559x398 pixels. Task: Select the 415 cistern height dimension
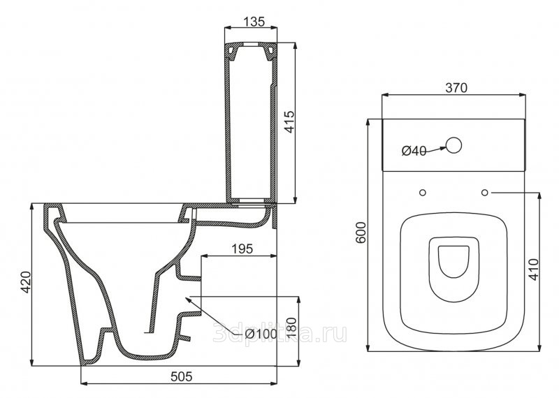(289, 121)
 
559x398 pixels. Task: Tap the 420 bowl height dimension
(26, 282)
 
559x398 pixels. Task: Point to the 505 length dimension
(182, 376)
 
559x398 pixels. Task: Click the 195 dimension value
(242, 249)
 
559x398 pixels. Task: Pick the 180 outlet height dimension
(291, 327)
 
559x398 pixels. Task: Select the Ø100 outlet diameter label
(261, 334)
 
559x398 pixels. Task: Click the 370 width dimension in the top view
(456, 88)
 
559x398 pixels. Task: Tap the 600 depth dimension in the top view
(361, 232)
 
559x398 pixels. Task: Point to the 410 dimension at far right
(534, 270)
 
